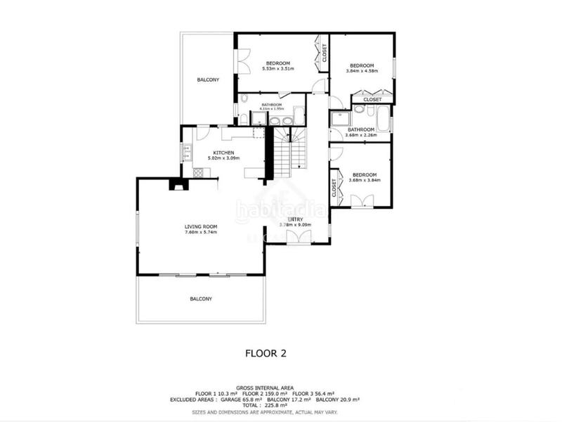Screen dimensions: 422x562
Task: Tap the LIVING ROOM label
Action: click(x=200, y=226)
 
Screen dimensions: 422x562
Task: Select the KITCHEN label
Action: click(x=225, y=153)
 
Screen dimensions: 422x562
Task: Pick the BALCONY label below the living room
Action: click(x=201, y=299)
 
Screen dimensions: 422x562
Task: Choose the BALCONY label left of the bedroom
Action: click(x=208, y=79)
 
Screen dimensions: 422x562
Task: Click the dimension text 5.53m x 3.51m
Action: click(x=278, y=69)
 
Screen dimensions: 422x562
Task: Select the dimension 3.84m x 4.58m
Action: click(x=362, y=70)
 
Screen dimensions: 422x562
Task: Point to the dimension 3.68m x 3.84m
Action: click(x=364, y=180)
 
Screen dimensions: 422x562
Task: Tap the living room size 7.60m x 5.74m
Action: click(x=200, y=232)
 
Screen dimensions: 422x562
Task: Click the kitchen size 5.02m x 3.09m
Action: click(x=225, y=159)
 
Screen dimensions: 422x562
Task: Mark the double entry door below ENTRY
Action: click(x=296, y=239)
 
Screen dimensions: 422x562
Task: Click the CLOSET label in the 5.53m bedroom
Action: click(x=324, y=53)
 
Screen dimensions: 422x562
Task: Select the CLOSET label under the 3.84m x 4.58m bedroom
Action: click(x=372, y=100)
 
